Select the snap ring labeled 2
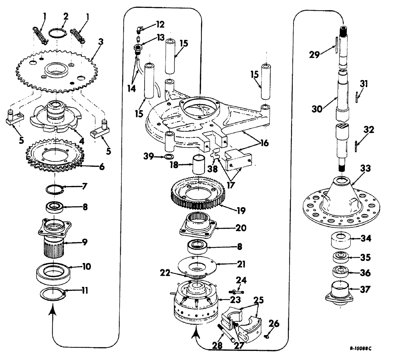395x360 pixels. [x=56, y=33]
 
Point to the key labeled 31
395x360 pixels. [x=357, y=96]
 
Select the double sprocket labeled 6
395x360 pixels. [x=51, y=158]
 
